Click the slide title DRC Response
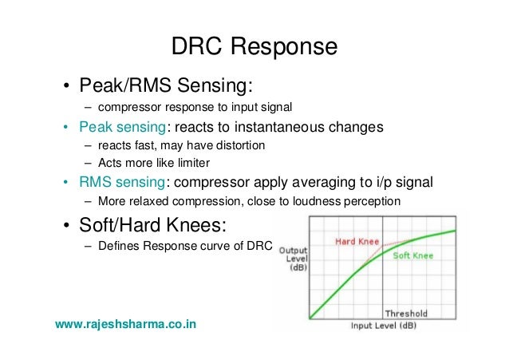click(x=254, y=47)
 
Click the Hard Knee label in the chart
click(x=357, y=241)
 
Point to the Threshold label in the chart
click(x=406, y=313)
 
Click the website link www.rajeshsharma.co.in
click(x=126, y=324)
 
